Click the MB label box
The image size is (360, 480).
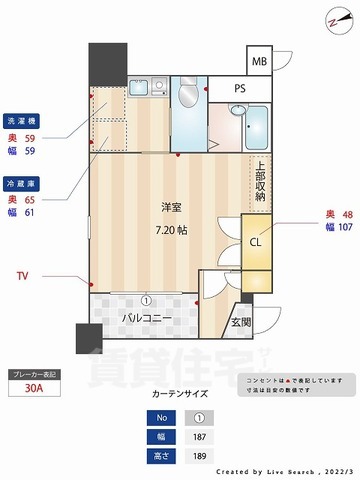[x=259, y=62]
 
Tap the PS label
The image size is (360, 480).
[x=240, y=88]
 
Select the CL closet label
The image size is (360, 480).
[x=255, y=240]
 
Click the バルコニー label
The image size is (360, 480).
[x=147, y=319]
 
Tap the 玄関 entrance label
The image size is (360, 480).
[x=241, y=323]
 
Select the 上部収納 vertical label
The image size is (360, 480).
[x=260, y=180]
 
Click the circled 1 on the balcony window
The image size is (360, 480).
[x=145, y=298]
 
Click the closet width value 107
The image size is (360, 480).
[x=344, y=227]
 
